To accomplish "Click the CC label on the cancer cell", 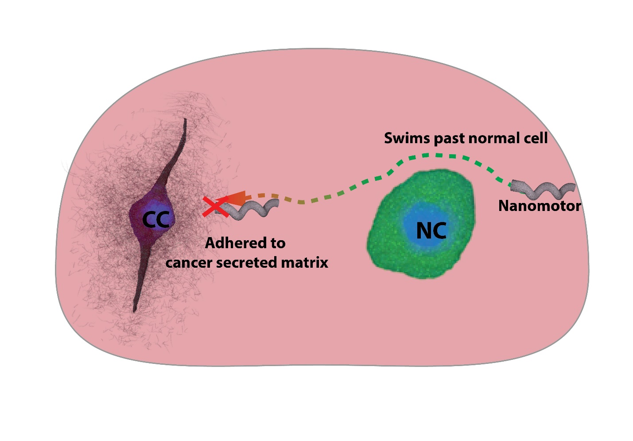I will coord(156,219).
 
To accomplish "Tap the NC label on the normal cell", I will coord(431,230).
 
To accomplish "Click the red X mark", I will coord(215,207).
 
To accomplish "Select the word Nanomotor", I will coord(539,206).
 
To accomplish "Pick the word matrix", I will coord(304,262).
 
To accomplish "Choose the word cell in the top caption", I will coord(535,138).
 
